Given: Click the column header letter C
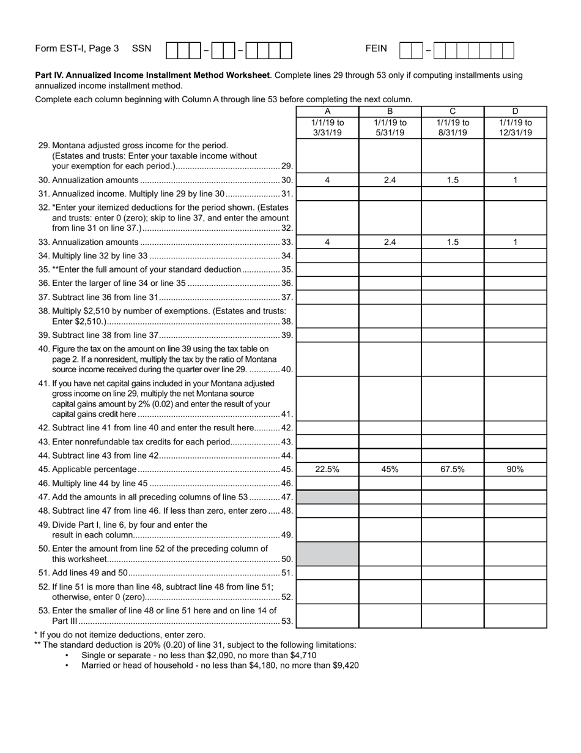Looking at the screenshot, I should [453, 111].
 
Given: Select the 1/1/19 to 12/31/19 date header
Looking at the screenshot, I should [515, 127].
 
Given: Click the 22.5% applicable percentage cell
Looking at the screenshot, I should [327, 469].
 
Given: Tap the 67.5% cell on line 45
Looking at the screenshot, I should [453, 469].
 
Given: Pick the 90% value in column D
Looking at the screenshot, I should [515, 469].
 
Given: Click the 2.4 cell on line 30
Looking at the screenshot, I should [390, 180].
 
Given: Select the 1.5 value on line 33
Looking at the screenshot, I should [453, 242].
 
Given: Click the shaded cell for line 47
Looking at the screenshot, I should [327, 497].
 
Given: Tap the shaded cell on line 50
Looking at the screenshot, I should [327, 553].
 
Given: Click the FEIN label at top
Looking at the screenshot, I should [376, 48].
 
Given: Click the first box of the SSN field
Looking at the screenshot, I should [172, 50].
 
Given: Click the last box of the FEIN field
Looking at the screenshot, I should [508, 50].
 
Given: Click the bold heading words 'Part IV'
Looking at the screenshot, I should [50, 75].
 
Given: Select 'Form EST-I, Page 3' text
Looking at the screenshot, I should [77, 48].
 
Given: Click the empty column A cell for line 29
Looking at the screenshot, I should [327, 156].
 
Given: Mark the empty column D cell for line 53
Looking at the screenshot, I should [515, 616].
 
